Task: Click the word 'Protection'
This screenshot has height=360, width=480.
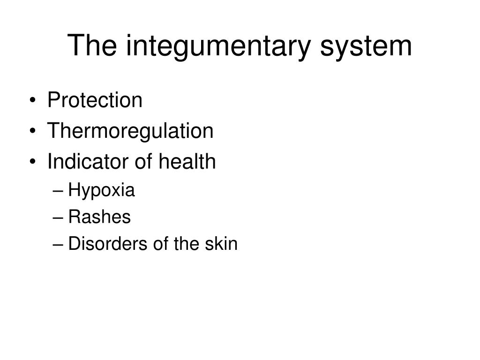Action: point(95,100)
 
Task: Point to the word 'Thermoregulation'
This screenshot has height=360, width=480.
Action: point(130,131)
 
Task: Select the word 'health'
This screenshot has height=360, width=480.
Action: point(187,161)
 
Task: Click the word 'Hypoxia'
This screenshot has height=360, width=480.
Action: point(101,190)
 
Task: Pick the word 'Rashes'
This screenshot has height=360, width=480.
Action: point(99,217)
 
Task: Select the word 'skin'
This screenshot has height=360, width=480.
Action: point(221,244)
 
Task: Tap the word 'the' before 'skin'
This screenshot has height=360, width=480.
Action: point(187,244)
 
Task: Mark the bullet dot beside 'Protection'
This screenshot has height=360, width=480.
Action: point(33,101)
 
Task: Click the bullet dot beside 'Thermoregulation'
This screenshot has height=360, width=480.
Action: point(33,131)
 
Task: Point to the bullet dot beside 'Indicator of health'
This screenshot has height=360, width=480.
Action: point(33,162)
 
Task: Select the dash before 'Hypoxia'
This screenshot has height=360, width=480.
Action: point(58,192)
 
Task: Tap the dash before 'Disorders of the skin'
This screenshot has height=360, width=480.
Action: point(58,245)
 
